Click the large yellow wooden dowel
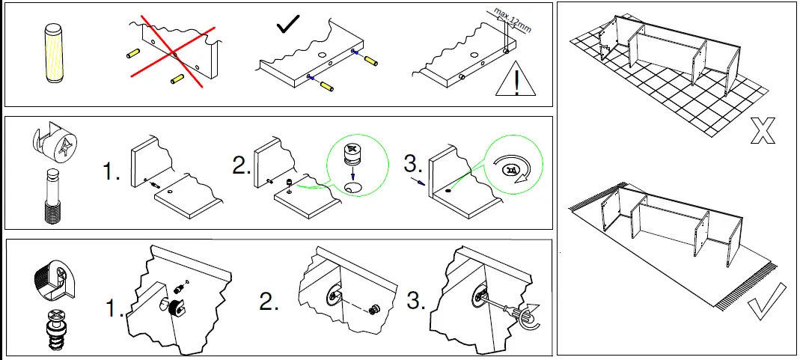[x=55, y=55]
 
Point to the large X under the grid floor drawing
[x=762, y=129]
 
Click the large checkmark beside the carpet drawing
[x=766, y=300]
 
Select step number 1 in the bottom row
[x=114, y=308]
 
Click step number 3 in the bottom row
[x=417, y=302]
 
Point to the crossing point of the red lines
[x=174, y=54]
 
